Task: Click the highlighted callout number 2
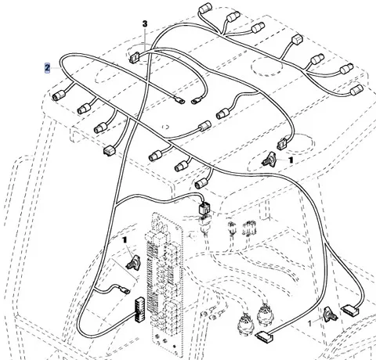[x=47, y=68]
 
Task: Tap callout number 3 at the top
[x=145, y=23]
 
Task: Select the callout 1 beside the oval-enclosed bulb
[x=291, y=160]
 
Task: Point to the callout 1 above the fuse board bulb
[x=125, y=239]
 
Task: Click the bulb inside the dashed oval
[x=268, y=159]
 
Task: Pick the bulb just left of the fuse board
[x=132, y=263]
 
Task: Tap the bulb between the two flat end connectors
[x=330, y=315]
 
